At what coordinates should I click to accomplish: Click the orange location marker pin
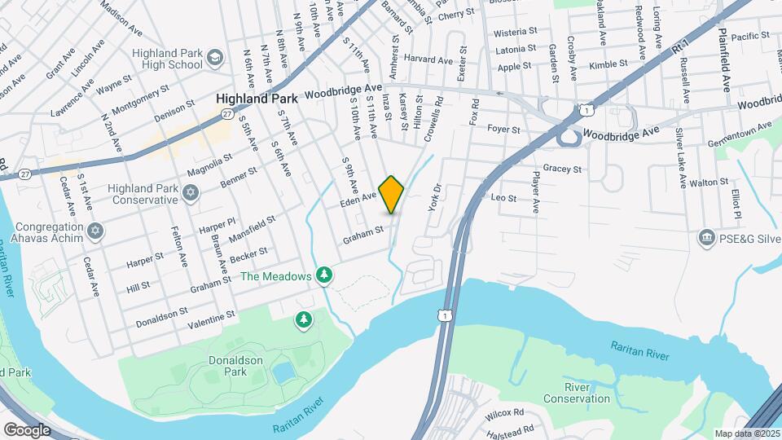tap(392, 194)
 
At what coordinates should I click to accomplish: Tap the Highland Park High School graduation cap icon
tap(214, 57)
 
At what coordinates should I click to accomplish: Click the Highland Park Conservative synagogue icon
tap(191, 192)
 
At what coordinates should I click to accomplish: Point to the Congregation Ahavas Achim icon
tap(96, 232)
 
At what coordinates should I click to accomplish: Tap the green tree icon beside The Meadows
tap(325, 275)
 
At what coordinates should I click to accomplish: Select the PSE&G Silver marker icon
tap(705, 238)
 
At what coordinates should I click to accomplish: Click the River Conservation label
tap(588, 393)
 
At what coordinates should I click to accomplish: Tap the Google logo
tap(27, 429)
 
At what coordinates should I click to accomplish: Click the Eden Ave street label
tap(358, 196)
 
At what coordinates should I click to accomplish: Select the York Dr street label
tap(433, 198)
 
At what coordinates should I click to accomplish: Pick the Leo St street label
tap(504, 197)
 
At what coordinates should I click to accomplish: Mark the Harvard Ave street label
tap(428, 59)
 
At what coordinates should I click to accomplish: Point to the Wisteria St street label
tap(516, 31)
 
